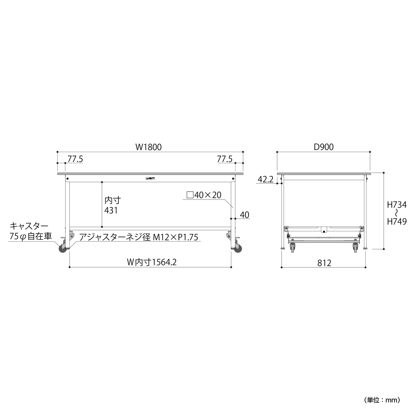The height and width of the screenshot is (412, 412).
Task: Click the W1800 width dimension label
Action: tap(148, 147)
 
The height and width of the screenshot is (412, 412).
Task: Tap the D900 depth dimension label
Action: tap(323, 147)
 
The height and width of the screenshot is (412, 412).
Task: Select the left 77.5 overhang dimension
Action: tap(75, 159)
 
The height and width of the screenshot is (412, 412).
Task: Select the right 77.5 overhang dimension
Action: tap(225, 159)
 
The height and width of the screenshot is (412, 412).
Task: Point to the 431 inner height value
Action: tap(111, 210)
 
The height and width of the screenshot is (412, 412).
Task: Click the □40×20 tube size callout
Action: tap(204, 195)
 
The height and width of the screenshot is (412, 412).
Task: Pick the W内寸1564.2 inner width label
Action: tap(152, 262)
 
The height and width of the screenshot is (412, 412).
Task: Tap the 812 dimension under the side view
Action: tap(324, 263)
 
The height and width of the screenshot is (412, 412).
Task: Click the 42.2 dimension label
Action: tap(265, 180)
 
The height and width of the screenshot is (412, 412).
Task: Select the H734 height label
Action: tap(397, 205)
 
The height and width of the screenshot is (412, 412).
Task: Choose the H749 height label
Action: tap(397, 222)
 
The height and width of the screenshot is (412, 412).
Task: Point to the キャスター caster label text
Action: tap(29, 226)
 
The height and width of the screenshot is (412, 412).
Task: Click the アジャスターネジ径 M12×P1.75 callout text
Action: tap(139, 237)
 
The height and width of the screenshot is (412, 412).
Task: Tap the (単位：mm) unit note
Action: tap(382, 400)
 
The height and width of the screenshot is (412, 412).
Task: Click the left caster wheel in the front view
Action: tap(62, 249)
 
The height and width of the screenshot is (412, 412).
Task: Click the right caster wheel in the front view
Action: tap(238, 249)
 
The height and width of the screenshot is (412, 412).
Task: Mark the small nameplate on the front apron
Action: tap(150, 178)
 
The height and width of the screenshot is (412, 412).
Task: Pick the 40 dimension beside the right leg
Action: tap(244, 215)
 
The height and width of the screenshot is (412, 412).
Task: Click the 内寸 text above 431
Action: tap(113, 200)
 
